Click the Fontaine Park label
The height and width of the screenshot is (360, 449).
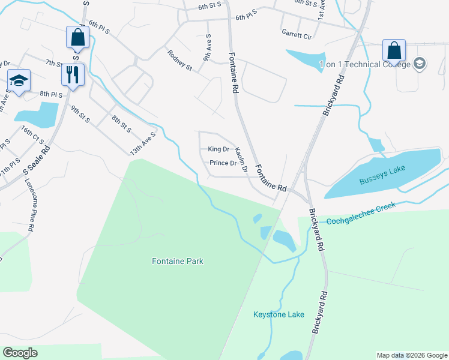point(177,261)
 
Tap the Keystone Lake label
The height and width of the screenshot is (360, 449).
point(279,314)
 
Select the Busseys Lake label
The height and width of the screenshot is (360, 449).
point(382,175)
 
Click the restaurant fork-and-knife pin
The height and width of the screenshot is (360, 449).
point(73,75)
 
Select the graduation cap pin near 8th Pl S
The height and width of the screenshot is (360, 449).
point(19,81)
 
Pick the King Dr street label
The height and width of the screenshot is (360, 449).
point(218,149)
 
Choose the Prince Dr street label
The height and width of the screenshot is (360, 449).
point(222,163)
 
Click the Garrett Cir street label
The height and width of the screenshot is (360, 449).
point(297,36)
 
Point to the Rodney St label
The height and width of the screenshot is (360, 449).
point(179,60)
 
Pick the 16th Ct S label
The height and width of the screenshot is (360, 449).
point(32,137)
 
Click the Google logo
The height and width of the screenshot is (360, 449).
point(20,353)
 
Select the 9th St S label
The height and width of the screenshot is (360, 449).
point(80,115)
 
